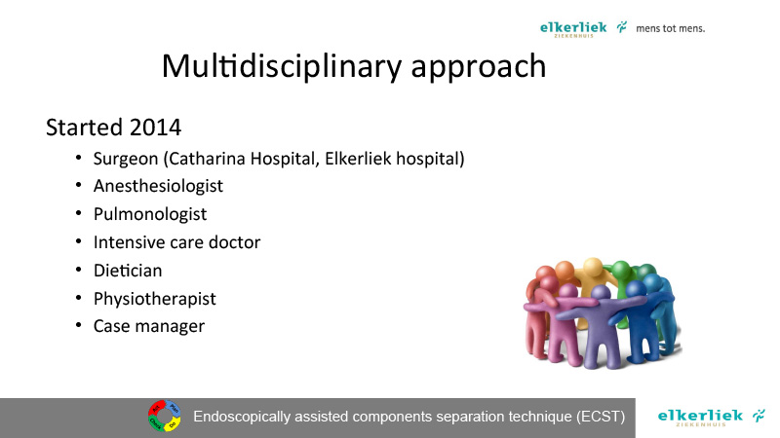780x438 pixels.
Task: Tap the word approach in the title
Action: pyautogui.click(x=479, y=67)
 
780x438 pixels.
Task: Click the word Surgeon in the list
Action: pyautogui.click(x=126, y=160)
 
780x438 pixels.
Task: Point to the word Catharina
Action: pyautogui.click(x=207, y=159)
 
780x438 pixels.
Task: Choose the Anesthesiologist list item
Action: pyautogui.click(x=158, y=186)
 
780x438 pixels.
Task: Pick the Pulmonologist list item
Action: pyautogui.click(x=150, y=214)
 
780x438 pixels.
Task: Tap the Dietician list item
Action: pyautogui.click(x=128, y=271)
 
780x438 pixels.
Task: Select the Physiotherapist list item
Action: pyautogui.click(x=155, y=299)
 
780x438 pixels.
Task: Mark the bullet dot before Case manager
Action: pyautogui.click(x=78, y=325)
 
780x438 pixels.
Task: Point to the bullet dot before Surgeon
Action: pyautogui.click(x=78, y=158)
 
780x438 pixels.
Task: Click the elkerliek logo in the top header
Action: pyautogui.click(x=583, y=28)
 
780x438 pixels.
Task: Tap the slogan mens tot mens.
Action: pyautogui.click(x=670, y=28)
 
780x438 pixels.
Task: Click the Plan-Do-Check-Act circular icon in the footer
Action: pyautogui.click(x=165, y=416)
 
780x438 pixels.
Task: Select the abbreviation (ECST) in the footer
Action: pyautogui.click(x=601, y=417)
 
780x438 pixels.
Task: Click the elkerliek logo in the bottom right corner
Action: pyautogui.click(x=712, y=417)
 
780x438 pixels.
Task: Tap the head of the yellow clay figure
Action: pyautogui.click(x=593, y=267)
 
